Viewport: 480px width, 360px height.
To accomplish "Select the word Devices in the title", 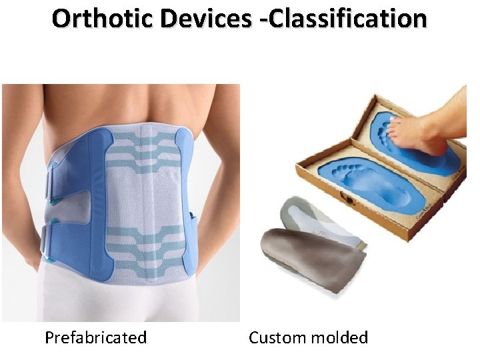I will click(204, 19).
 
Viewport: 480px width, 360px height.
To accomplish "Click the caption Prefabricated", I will click(95, 338).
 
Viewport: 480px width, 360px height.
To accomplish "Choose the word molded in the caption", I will click(343, 338).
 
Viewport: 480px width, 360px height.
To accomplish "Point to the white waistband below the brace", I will click(120, 303).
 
